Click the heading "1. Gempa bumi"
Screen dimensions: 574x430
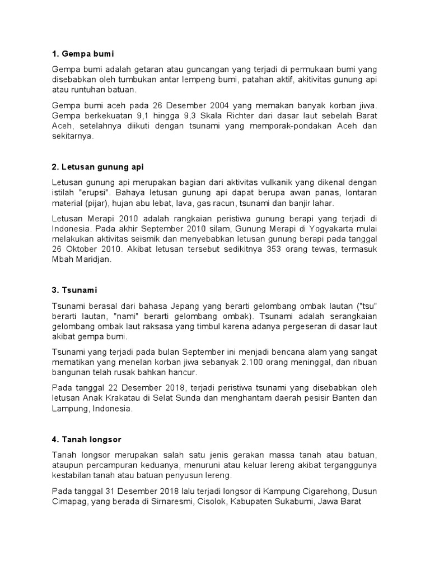82,54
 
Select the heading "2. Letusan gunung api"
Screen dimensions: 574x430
98,167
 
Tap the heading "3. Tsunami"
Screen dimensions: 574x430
74,290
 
